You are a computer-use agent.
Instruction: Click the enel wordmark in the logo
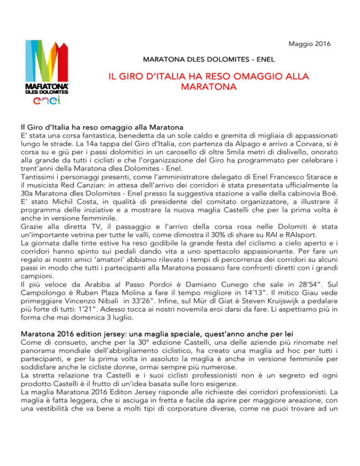tap(46, 102)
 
